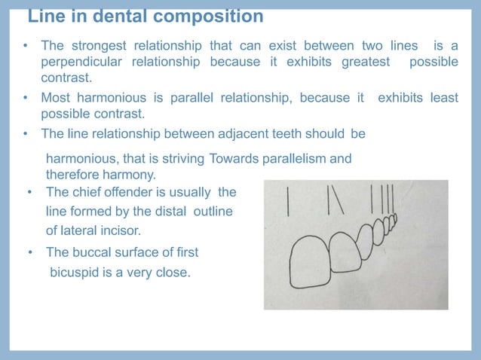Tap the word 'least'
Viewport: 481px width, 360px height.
point(443,97)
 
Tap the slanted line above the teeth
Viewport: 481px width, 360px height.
point(337,199)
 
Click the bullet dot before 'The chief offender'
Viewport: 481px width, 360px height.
point(31,192)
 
